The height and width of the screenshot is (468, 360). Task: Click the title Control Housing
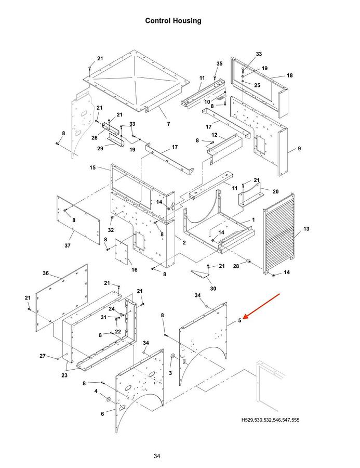[173, 21]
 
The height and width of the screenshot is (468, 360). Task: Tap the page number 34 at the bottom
[157, 456]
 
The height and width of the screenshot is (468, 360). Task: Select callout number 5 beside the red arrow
[239, 321]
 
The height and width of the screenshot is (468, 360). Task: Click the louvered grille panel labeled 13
[279, 233]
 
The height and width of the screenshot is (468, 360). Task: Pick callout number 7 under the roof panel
[168, 124]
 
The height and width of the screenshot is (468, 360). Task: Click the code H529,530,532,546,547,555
[270, 420]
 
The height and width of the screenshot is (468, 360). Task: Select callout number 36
[46, 273]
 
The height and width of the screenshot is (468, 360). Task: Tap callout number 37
[68, 245]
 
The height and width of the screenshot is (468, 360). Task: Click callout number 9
[299, 148]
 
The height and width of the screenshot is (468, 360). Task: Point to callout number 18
[290, 75]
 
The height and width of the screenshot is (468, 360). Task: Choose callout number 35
[219, 63]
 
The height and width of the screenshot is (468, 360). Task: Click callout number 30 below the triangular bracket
[213, 289]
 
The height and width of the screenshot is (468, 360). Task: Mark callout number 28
[236, 266]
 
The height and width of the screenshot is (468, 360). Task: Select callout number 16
[135, 270]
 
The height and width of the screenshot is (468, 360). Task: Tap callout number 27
[43, 356]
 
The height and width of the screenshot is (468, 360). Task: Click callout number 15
[93, 168]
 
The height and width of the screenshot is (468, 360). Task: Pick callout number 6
[102, 414]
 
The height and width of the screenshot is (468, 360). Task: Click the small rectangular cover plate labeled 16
[122, 252]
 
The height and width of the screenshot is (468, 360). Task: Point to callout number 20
[275, 191]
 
